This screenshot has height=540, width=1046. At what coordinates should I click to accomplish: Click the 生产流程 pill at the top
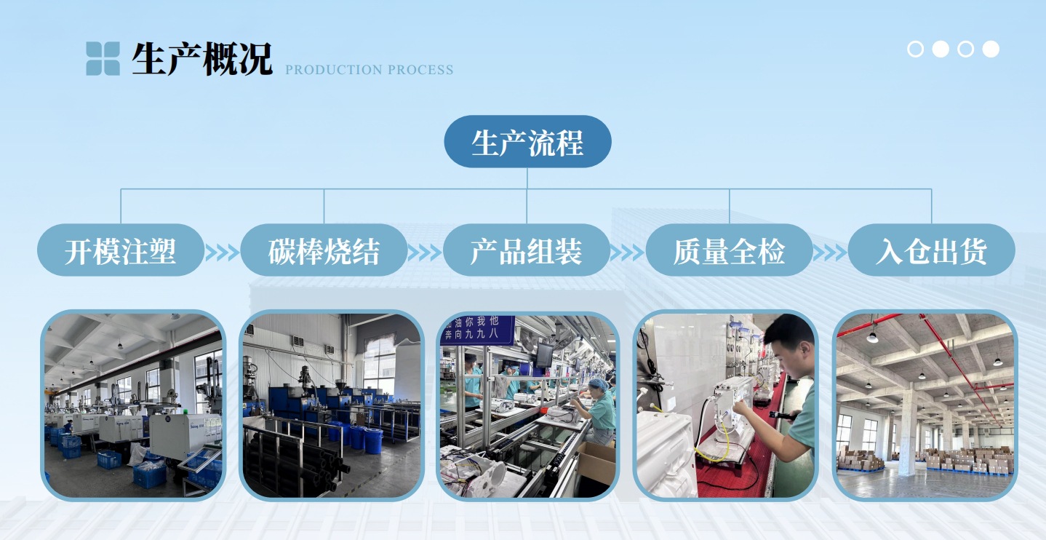[x=527, y=142]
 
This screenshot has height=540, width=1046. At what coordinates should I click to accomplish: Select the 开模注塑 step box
[x=121, y=250]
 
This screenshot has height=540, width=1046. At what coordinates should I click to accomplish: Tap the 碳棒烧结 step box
[x=324, y=250]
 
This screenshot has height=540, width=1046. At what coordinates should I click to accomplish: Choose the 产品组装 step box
[x=527, y=250]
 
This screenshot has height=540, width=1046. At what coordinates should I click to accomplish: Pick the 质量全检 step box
[x=729, y=250]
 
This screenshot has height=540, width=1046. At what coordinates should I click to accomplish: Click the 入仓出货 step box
[x=931, y=250]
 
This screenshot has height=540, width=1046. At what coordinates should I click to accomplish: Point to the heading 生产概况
[x=201, y=58]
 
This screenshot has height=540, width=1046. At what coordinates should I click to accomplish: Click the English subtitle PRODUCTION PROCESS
[x=369, y=70]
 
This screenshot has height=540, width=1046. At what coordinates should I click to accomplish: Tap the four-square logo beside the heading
[x=103, y=58]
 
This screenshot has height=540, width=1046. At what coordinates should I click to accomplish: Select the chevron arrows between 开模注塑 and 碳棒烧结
[x=222, y=252]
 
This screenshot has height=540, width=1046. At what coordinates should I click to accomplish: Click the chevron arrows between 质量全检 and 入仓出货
[x=830, y=252]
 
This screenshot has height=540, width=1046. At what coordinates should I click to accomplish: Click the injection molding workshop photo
[x=134, y=405]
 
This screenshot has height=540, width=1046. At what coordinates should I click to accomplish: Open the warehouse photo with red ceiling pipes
[x=925, y=405]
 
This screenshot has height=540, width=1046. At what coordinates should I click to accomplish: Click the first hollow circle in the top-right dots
[x=916, y=49]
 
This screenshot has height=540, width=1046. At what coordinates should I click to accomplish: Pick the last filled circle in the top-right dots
[x=991, y=49]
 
